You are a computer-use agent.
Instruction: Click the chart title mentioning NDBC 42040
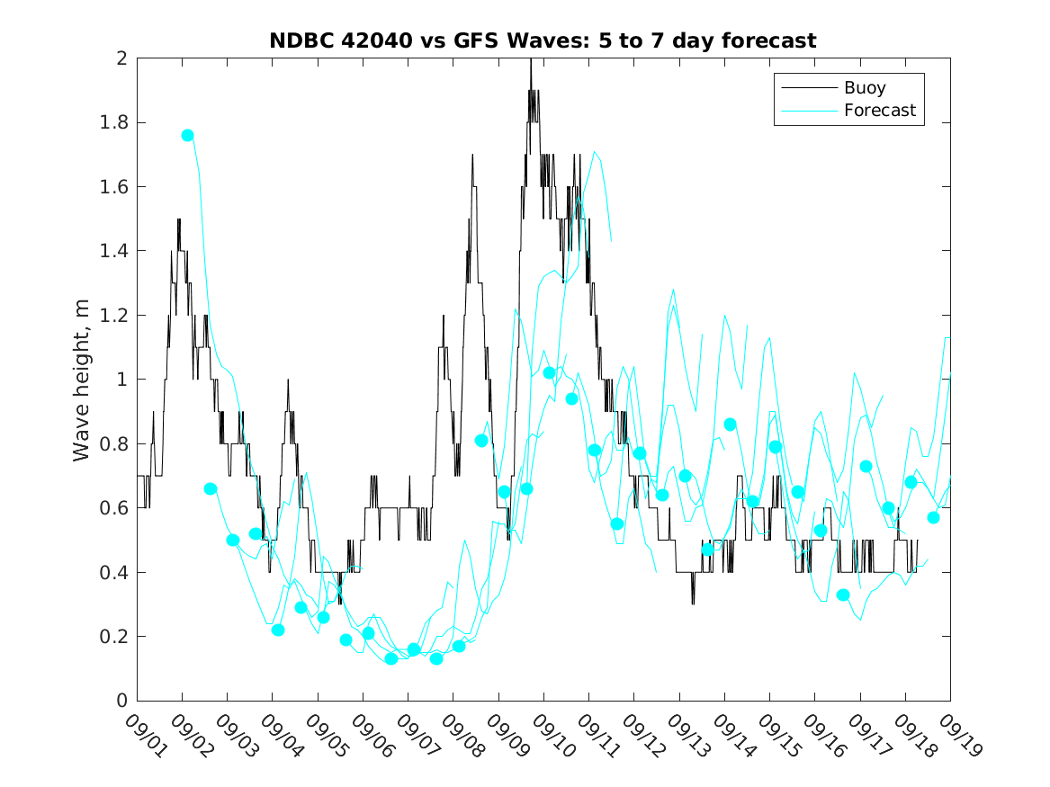click(543, 40)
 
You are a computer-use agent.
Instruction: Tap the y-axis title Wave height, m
click(82, 379)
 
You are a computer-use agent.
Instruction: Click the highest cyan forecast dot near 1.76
click(187, 135)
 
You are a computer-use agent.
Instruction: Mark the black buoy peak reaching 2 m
click(531, 60)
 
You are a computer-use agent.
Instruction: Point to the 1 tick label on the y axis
click(123, 380)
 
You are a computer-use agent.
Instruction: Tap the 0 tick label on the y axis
click(123, 701)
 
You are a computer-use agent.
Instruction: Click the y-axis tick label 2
click(123, 58)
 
